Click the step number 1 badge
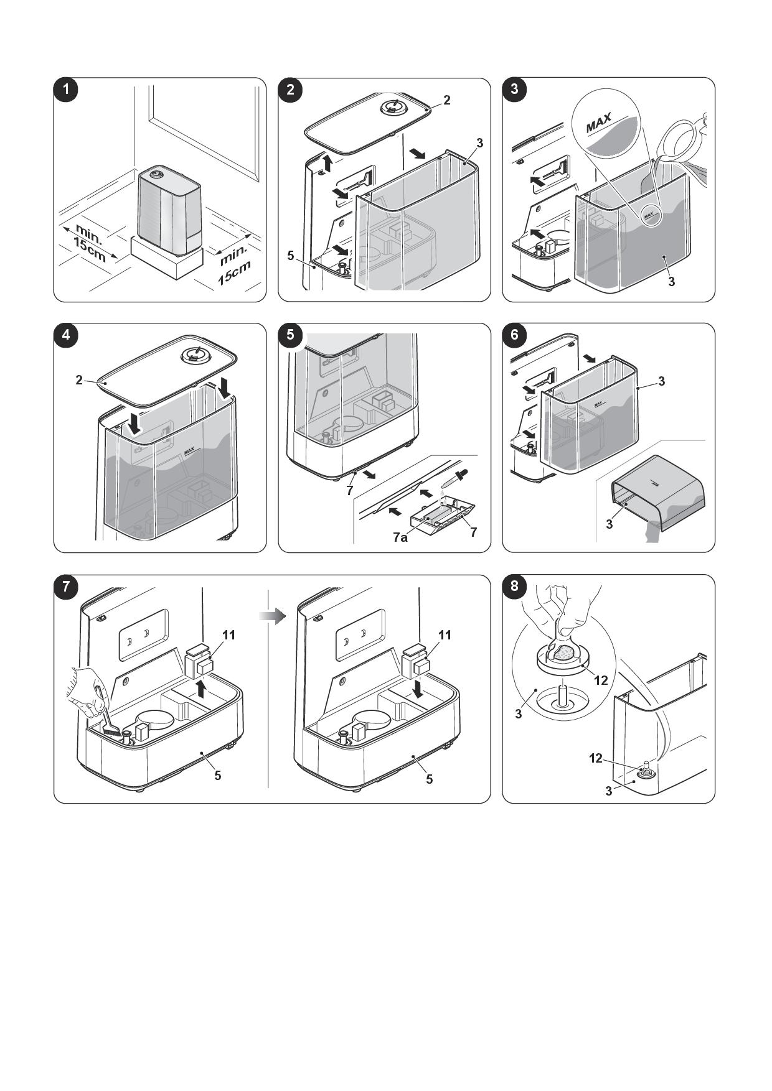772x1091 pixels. (x=66, y=90)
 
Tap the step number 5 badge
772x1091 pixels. (x=290, y=335)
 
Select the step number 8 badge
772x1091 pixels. (x=514, y=586)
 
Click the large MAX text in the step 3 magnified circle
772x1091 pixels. (x=599, y=123)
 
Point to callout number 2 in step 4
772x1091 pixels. (x=79, y=379)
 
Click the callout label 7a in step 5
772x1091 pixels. (x=400, y=537)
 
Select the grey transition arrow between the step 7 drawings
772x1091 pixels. (x=272, y=616)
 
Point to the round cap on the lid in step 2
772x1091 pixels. (x=392, y=107)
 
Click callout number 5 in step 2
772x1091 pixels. (x=291, y=255)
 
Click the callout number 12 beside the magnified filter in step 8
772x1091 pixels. (x=600, y=680)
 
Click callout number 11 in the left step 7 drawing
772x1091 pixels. (x=228, y=634)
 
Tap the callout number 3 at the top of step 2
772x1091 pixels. (x=479, y=143)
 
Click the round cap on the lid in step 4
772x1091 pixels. (x=194, y=355)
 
